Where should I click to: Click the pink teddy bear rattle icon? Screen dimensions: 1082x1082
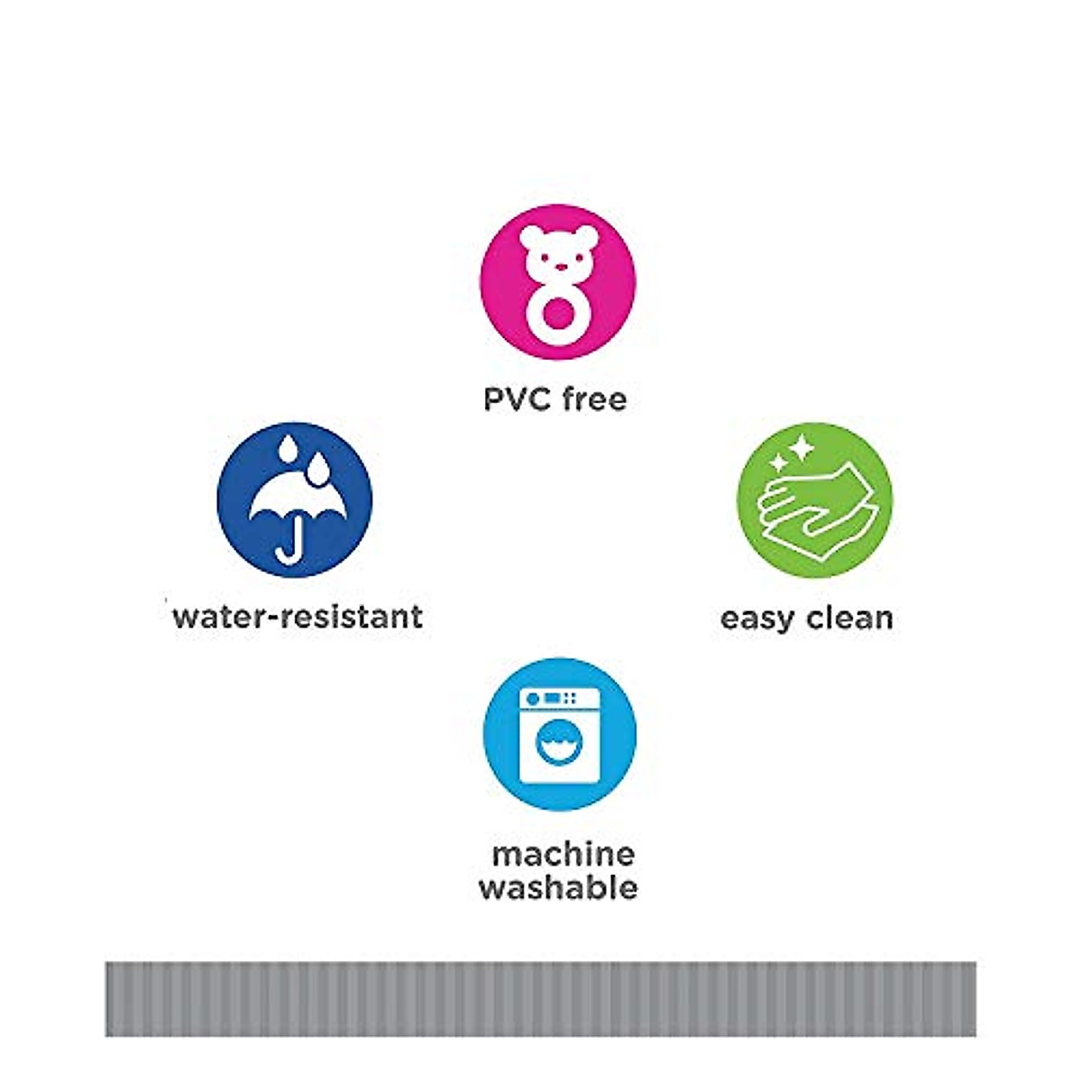tap(558, 282)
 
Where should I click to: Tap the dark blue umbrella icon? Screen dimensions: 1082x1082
tap(295, 500)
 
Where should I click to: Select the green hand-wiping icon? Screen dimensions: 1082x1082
tap(815, 500)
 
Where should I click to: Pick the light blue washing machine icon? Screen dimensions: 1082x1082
tap(560, 735)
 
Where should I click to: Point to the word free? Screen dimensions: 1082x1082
tap(593, 399)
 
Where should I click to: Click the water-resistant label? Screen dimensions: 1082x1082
tap(298, 617)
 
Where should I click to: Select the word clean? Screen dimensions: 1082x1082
tap(849, 618)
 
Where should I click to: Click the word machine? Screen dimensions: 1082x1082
tap(564, 854)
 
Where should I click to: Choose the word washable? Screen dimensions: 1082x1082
tap(559, 888)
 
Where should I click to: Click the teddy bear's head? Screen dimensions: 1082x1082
tap(558, 253)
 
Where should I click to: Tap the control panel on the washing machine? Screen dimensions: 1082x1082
tap(560, 698)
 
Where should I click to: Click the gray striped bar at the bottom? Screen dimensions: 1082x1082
tap(541, 998)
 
